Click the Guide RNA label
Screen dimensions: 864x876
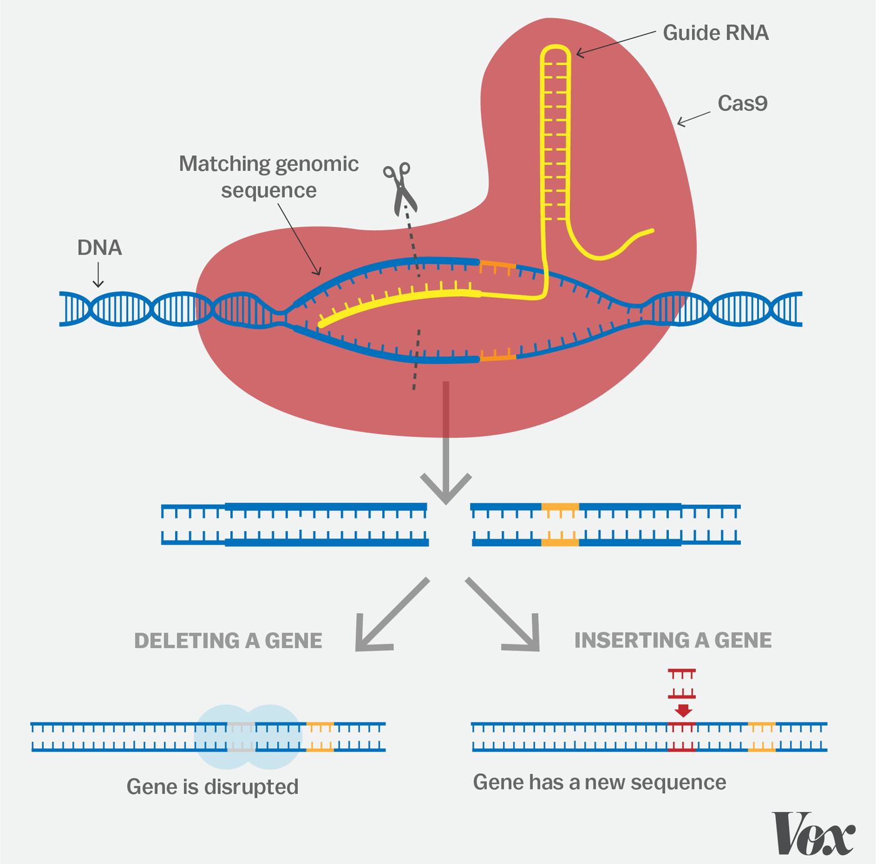pyautogui.click(x=715, y=33)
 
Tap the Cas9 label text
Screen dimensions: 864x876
pyautogui.click(x=742, y=103)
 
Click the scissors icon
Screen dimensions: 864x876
pyautogui.click(x=399, y=188)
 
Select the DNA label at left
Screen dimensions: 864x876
pyautogui.click(x=99, y=248)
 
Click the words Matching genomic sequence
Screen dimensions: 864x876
pyautogui.click(x=269, y=176)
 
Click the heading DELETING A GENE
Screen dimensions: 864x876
pyautogui.click(x=228, y=641)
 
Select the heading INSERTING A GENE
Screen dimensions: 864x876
pyautogui.click(x=673, y=640)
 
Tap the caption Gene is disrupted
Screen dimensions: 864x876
pyautogui.click(x=212, y=786)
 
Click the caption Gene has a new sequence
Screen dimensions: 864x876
pyautogui.click(x=599, y=782)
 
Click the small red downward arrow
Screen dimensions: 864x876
pyautogui.click(x=683, y=710)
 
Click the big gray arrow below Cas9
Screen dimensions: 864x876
pyautogui.click(x=446, y=450)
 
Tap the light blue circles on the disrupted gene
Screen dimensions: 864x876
pyautogui.click(x=248, y=737)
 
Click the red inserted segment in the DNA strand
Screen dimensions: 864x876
pyautogui.click(x=681, y=736)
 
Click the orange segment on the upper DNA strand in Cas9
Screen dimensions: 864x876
pyautogui.click(x=497, y=266)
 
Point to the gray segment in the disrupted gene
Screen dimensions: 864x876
pyautogui.click(x=241, y=736)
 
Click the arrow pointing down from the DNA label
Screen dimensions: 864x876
pyautogui.click(x=98, y=275)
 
